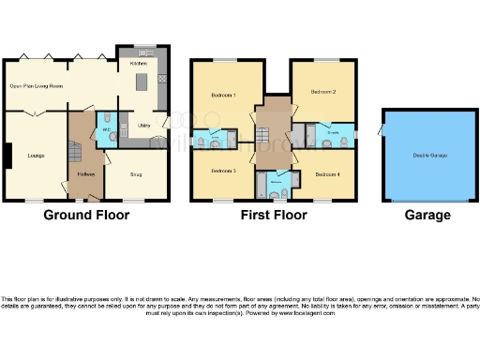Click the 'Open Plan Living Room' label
click(36, 86)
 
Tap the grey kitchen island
click(143, 82)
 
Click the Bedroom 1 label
click(223, 96)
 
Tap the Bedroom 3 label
click(223, 171)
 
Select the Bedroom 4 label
click(327, 174)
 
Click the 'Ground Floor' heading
click(86, 215)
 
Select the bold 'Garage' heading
click(427, 215)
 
